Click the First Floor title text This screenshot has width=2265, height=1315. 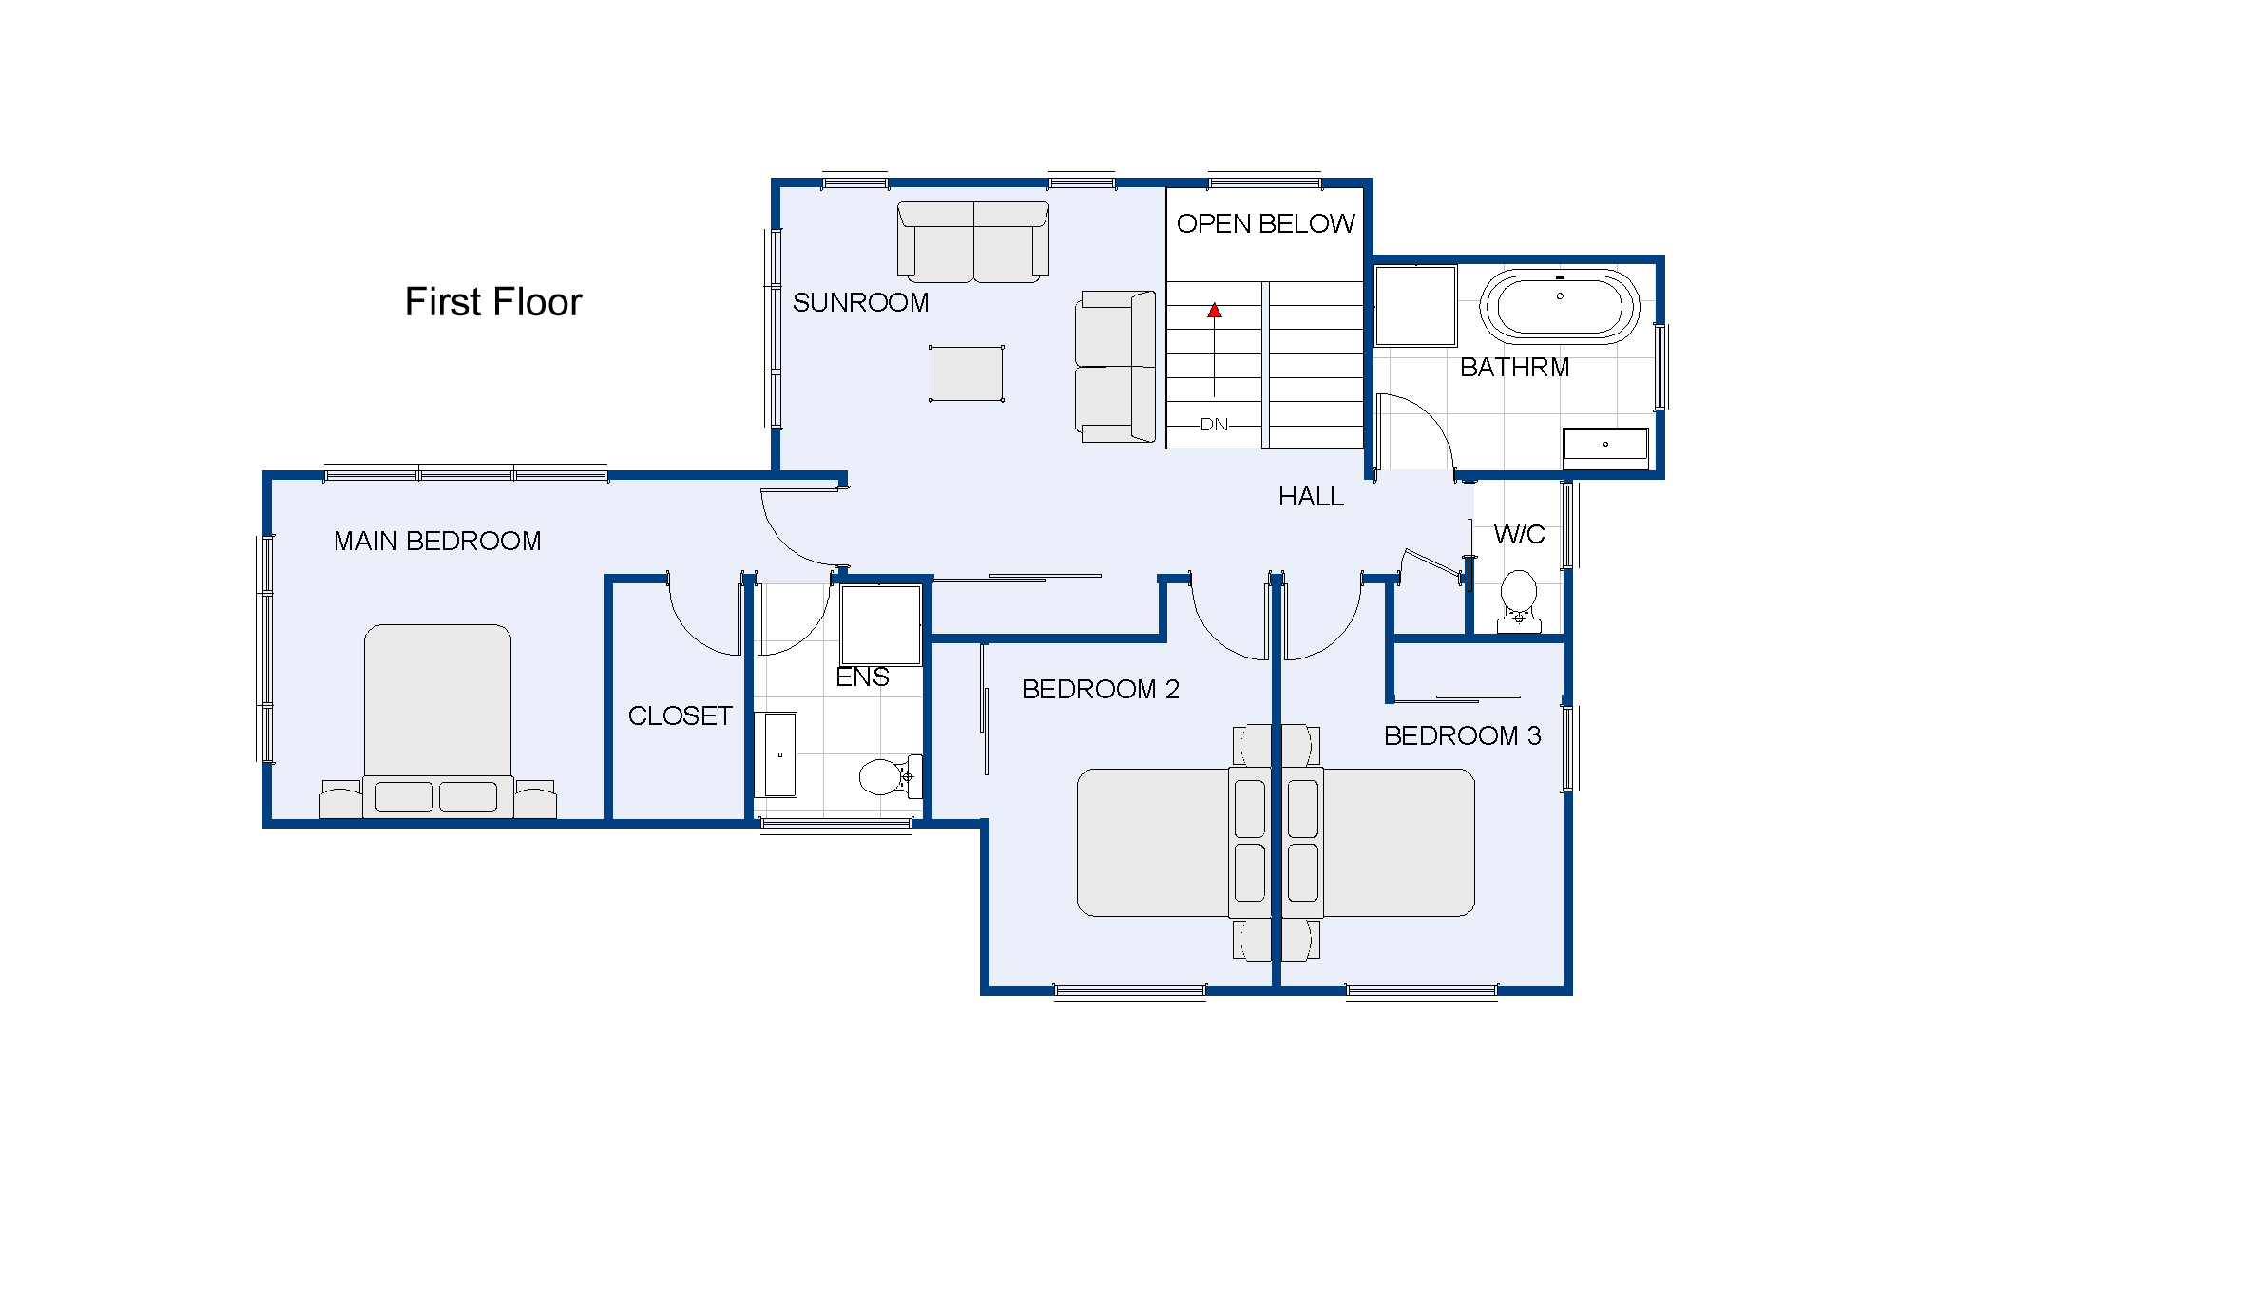(492, 302)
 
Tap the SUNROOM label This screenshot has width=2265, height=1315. (860, 302)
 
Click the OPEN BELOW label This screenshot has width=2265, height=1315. (1265, 223)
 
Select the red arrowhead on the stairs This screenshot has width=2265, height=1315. (1214, 311)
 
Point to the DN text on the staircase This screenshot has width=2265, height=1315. (1214, 425)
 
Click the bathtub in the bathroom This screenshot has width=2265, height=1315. (1559, 306)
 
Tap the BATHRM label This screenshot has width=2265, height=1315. (1514, 368)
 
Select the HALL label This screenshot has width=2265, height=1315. (1311, 497)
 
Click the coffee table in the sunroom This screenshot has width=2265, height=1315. (966, 373)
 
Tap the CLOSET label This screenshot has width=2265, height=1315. (680, 715)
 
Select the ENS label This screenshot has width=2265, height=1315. (862, 677)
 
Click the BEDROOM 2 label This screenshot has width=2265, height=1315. (1100, 689)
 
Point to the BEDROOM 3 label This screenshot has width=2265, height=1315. (1462, 735)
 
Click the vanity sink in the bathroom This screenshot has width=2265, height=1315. (1604, 444)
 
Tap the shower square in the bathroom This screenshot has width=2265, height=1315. (1415, 305)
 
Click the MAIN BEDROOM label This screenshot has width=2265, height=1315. (437, 541)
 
